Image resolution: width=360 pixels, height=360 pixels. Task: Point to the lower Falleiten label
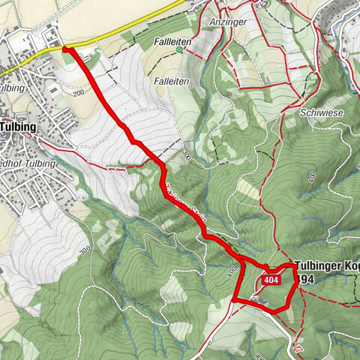pos(172,80)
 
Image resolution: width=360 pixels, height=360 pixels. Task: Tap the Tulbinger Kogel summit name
pos(327,265)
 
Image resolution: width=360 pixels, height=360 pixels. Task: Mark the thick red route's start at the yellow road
pos(64,49)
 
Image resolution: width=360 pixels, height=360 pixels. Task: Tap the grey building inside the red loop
pos(259,301)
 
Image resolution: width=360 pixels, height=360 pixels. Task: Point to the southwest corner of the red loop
pos(234,301)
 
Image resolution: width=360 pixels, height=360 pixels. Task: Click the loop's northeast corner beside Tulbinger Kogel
pos(292,266)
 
